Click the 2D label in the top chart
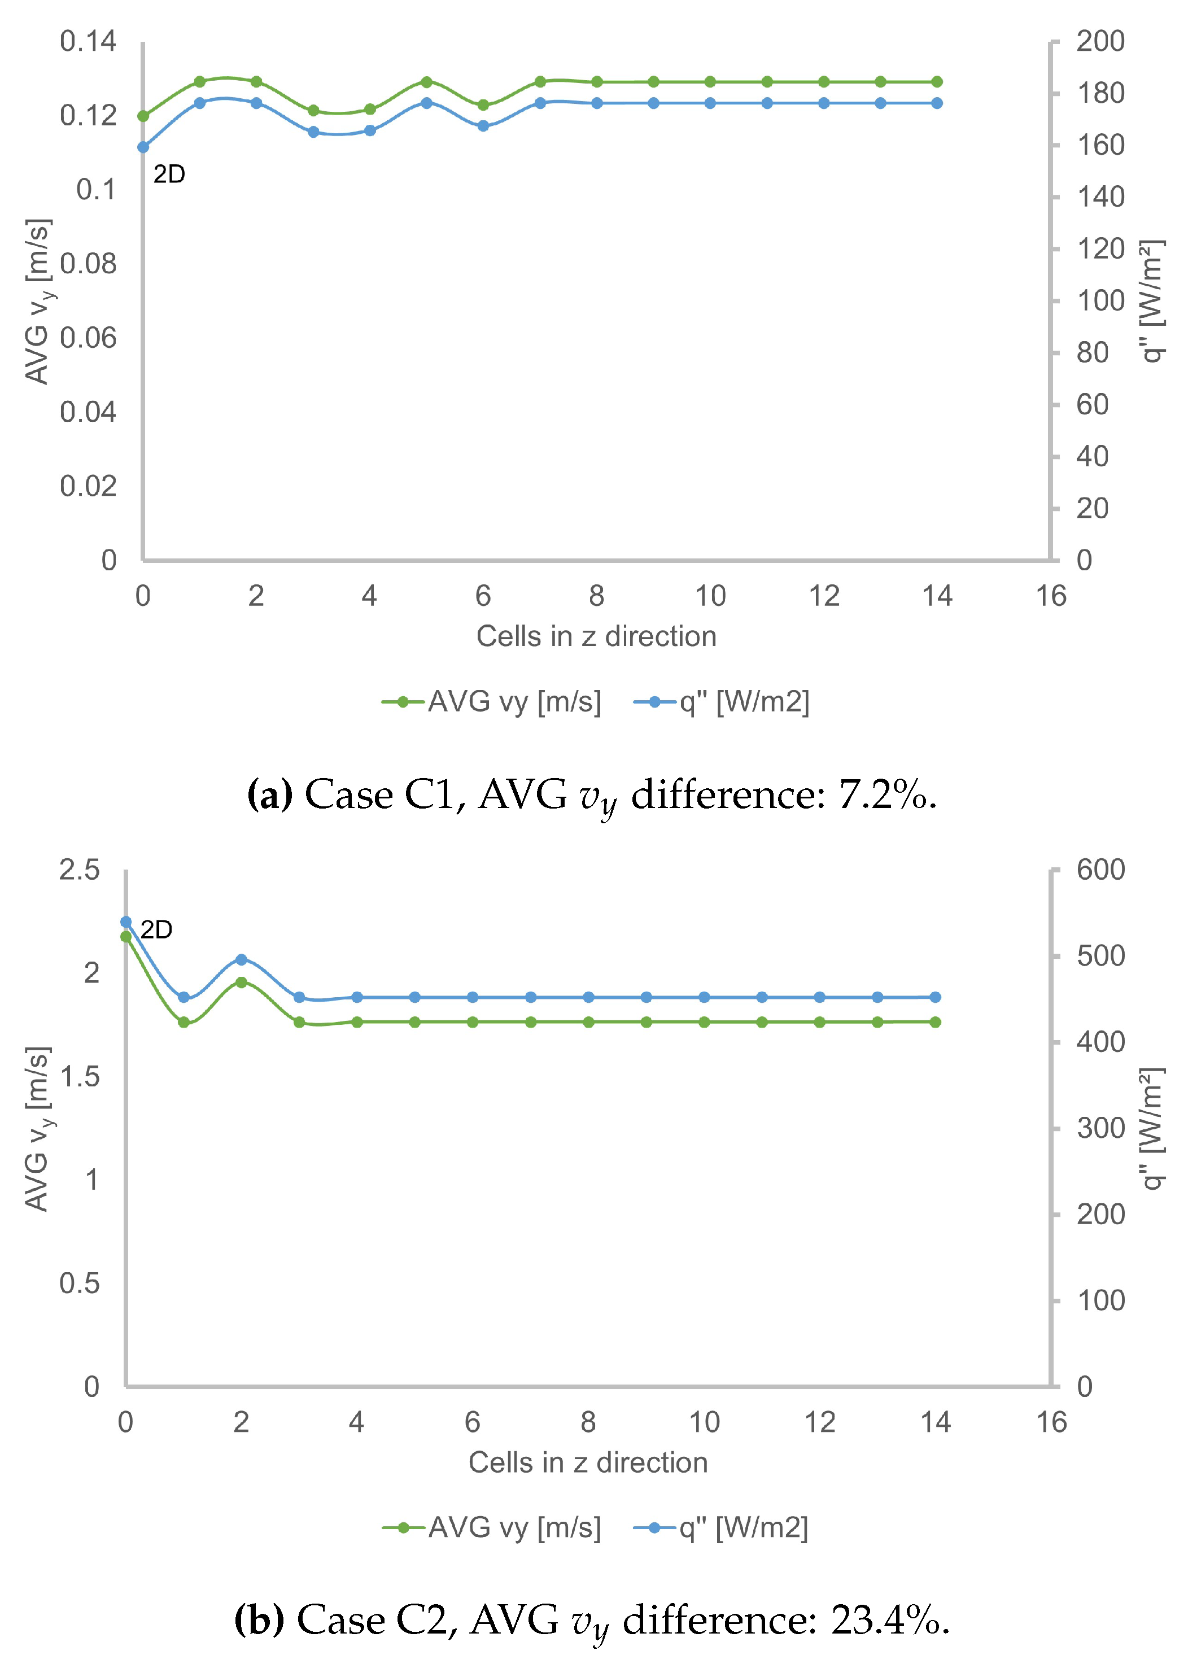point(169,174)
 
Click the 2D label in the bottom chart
point(156,929)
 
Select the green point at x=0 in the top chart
point(143,116)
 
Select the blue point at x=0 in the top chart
point(143,147)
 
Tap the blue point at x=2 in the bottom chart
point(242,959)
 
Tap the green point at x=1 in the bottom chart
point(184,1023)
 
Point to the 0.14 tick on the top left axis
point(88,42)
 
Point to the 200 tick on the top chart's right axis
point(1100,42)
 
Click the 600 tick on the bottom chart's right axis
point(1100,870)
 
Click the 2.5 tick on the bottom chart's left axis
point(79,870)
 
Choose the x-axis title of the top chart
point(596,636)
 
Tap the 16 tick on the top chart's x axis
point(1051,596)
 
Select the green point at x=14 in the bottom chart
point(936,1023)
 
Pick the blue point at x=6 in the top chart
point(483,126)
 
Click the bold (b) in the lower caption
point(259,1621)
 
